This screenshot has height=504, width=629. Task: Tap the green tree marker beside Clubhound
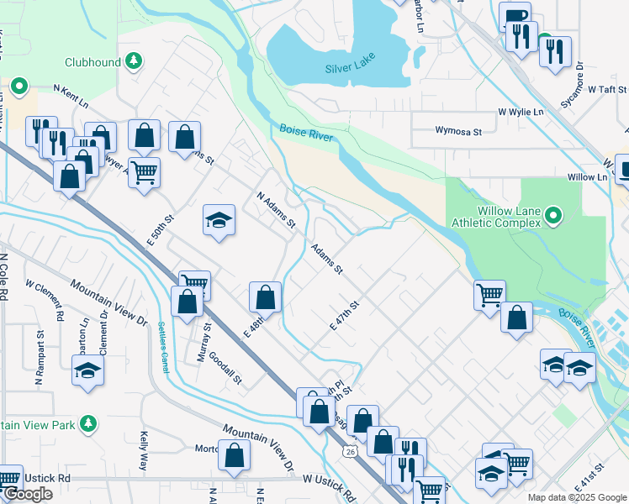pos(133,61)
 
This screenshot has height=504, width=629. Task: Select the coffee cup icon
pos(514,16)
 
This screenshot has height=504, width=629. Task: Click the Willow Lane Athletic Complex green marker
pos(552,216)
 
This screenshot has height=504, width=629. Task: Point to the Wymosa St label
pos(457,131)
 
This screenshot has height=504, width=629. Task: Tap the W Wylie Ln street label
pos(521,111)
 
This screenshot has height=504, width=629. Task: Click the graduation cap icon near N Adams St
pos(219,221)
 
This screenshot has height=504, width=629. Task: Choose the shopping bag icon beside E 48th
pos(266,296)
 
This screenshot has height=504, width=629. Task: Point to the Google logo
pos(28,494)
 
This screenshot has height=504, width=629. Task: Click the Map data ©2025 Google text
pos(578,497)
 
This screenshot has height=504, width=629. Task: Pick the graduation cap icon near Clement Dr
pos(88,370)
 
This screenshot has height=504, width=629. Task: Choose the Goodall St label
pos(225,367)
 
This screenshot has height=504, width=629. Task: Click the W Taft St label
pos(608,89)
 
